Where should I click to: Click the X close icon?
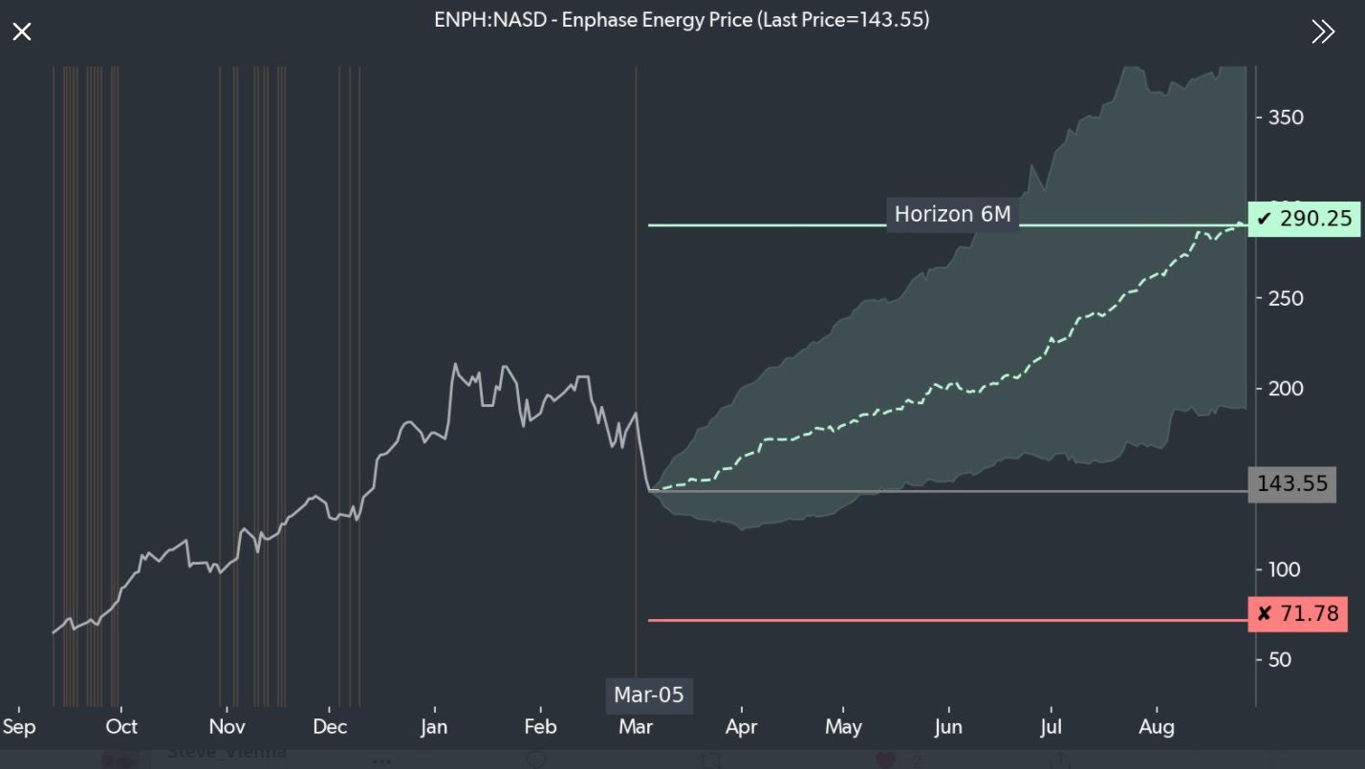point(22,32)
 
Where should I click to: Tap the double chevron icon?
point(1323,32)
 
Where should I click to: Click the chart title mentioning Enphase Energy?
point(682,19)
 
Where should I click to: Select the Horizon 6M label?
point(952,214)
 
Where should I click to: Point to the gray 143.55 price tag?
point(1292,483)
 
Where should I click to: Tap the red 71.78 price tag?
point(1298,613)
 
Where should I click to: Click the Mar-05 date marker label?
point(649,694)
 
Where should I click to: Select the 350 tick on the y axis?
point(1286,117)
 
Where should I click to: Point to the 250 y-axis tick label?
point(1286,298)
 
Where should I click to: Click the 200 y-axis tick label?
point(1286,389)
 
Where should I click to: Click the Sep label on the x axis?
point(19,727)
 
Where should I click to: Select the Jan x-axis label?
point(434,727)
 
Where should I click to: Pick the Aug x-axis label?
point(1158,727)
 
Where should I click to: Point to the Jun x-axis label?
point(947,727)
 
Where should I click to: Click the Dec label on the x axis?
point(329,727)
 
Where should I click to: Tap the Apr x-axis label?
point(741,727)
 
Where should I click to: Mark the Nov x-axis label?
point(227,727)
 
